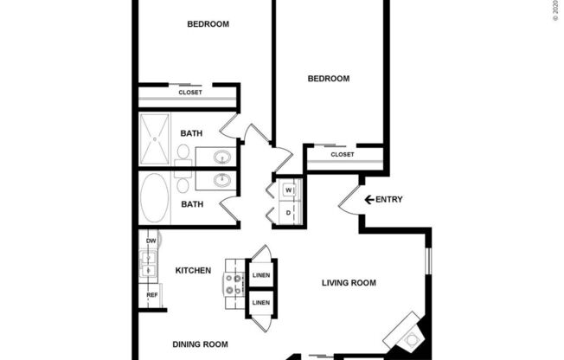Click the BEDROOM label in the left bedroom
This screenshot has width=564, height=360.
[208, 24]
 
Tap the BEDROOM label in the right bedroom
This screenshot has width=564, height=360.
[328, 79]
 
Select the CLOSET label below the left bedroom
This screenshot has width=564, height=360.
[190, 93]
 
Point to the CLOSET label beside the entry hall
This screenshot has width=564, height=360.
[343, 155]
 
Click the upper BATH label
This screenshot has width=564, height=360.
[191, 133]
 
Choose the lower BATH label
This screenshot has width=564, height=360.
[191, 204]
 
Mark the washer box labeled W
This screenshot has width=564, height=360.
[289, 190]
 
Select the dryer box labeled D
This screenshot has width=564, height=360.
[289, 211]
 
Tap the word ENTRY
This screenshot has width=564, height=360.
[389, 200]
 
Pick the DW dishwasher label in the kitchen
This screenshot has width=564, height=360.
[151, 241]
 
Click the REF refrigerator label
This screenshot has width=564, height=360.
[151, 295]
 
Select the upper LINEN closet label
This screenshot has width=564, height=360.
[260, 276]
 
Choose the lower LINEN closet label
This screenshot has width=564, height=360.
[260, 303]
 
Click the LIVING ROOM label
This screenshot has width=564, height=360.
[349, 282]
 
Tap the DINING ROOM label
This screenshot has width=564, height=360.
[200, 344]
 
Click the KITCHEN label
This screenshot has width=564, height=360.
[193, 271]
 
